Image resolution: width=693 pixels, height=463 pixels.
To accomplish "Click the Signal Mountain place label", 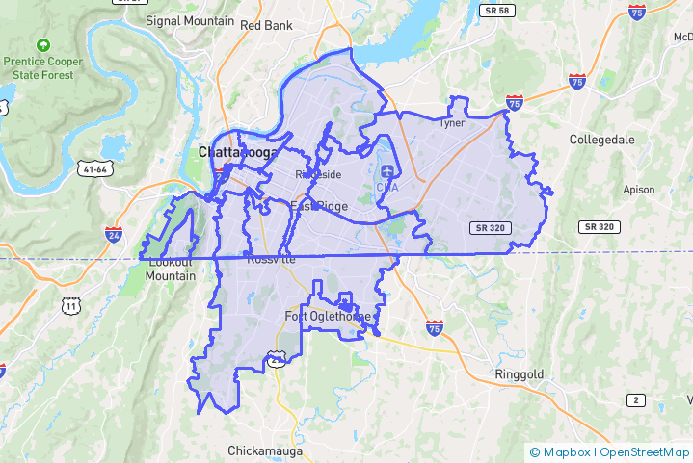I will pyautogui.click(x=190, y=20).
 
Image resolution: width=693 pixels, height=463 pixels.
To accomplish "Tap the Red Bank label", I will pyautogui.click(x=265, y=25).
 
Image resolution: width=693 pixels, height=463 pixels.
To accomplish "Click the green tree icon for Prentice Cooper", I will pyautogui.click(x=42, y=45).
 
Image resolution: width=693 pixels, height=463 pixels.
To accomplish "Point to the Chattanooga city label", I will pyautogui.click(x=237, y=152).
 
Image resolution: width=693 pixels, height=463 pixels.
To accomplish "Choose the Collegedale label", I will pyautogui.click(x=602, y=140).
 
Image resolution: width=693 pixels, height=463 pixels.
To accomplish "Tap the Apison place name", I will pyautogui.click(x=639, y=189).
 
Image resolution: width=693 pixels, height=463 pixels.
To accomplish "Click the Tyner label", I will pyautogui.click(x=451, y=123).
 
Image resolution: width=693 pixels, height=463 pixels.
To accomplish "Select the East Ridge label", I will pyautogui.click(x=318, y=206).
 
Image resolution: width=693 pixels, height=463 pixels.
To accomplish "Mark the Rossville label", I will pyautogui.click(x=271, y=259).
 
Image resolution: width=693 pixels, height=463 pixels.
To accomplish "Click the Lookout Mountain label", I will pyautogui.click(x=170, y=269).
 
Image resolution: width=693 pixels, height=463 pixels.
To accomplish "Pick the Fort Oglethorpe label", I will pyautogui.click(x=328, y=317).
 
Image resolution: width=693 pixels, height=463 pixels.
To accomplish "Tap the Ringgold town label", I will pyautogui.click(x=520, y=373).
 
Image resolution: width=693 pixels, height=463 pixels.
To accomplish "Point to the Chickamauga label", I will pyautogui.click(x=266, y=450).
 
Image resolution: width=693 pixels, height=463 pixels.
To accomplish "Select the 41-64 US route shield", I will pyautogui.click(x=96, y=169).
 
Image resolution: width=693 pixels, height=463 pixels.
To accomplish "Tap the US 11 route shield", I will pyautogui.click(x=69, y=306).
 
